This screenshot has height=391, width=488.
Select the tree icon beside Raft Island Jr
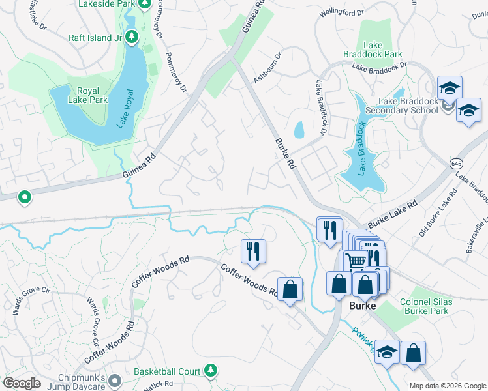tap(132, 37)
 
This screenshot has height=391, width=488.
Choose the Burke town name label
tap(364, 306)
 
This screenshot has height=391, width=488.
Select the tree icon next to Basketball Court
tap(210, 371)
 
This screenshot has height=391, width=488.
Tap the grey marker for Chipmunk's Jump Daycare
tap(115, 379)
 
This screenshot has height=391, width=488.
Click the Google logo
tap(22, 383)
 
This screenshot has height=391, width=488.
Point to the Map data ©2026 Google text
tap(447, 386)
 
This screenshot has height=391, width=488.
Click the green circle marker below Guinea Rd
tap(24, 196)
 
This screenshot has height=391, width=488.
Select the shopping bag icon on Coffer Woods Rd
tap(290, 288)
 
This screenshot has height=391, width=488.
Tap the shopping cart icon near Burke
tap(355, 261)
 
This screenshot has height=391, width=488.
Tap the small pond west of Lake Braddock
tap(299, 130)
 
